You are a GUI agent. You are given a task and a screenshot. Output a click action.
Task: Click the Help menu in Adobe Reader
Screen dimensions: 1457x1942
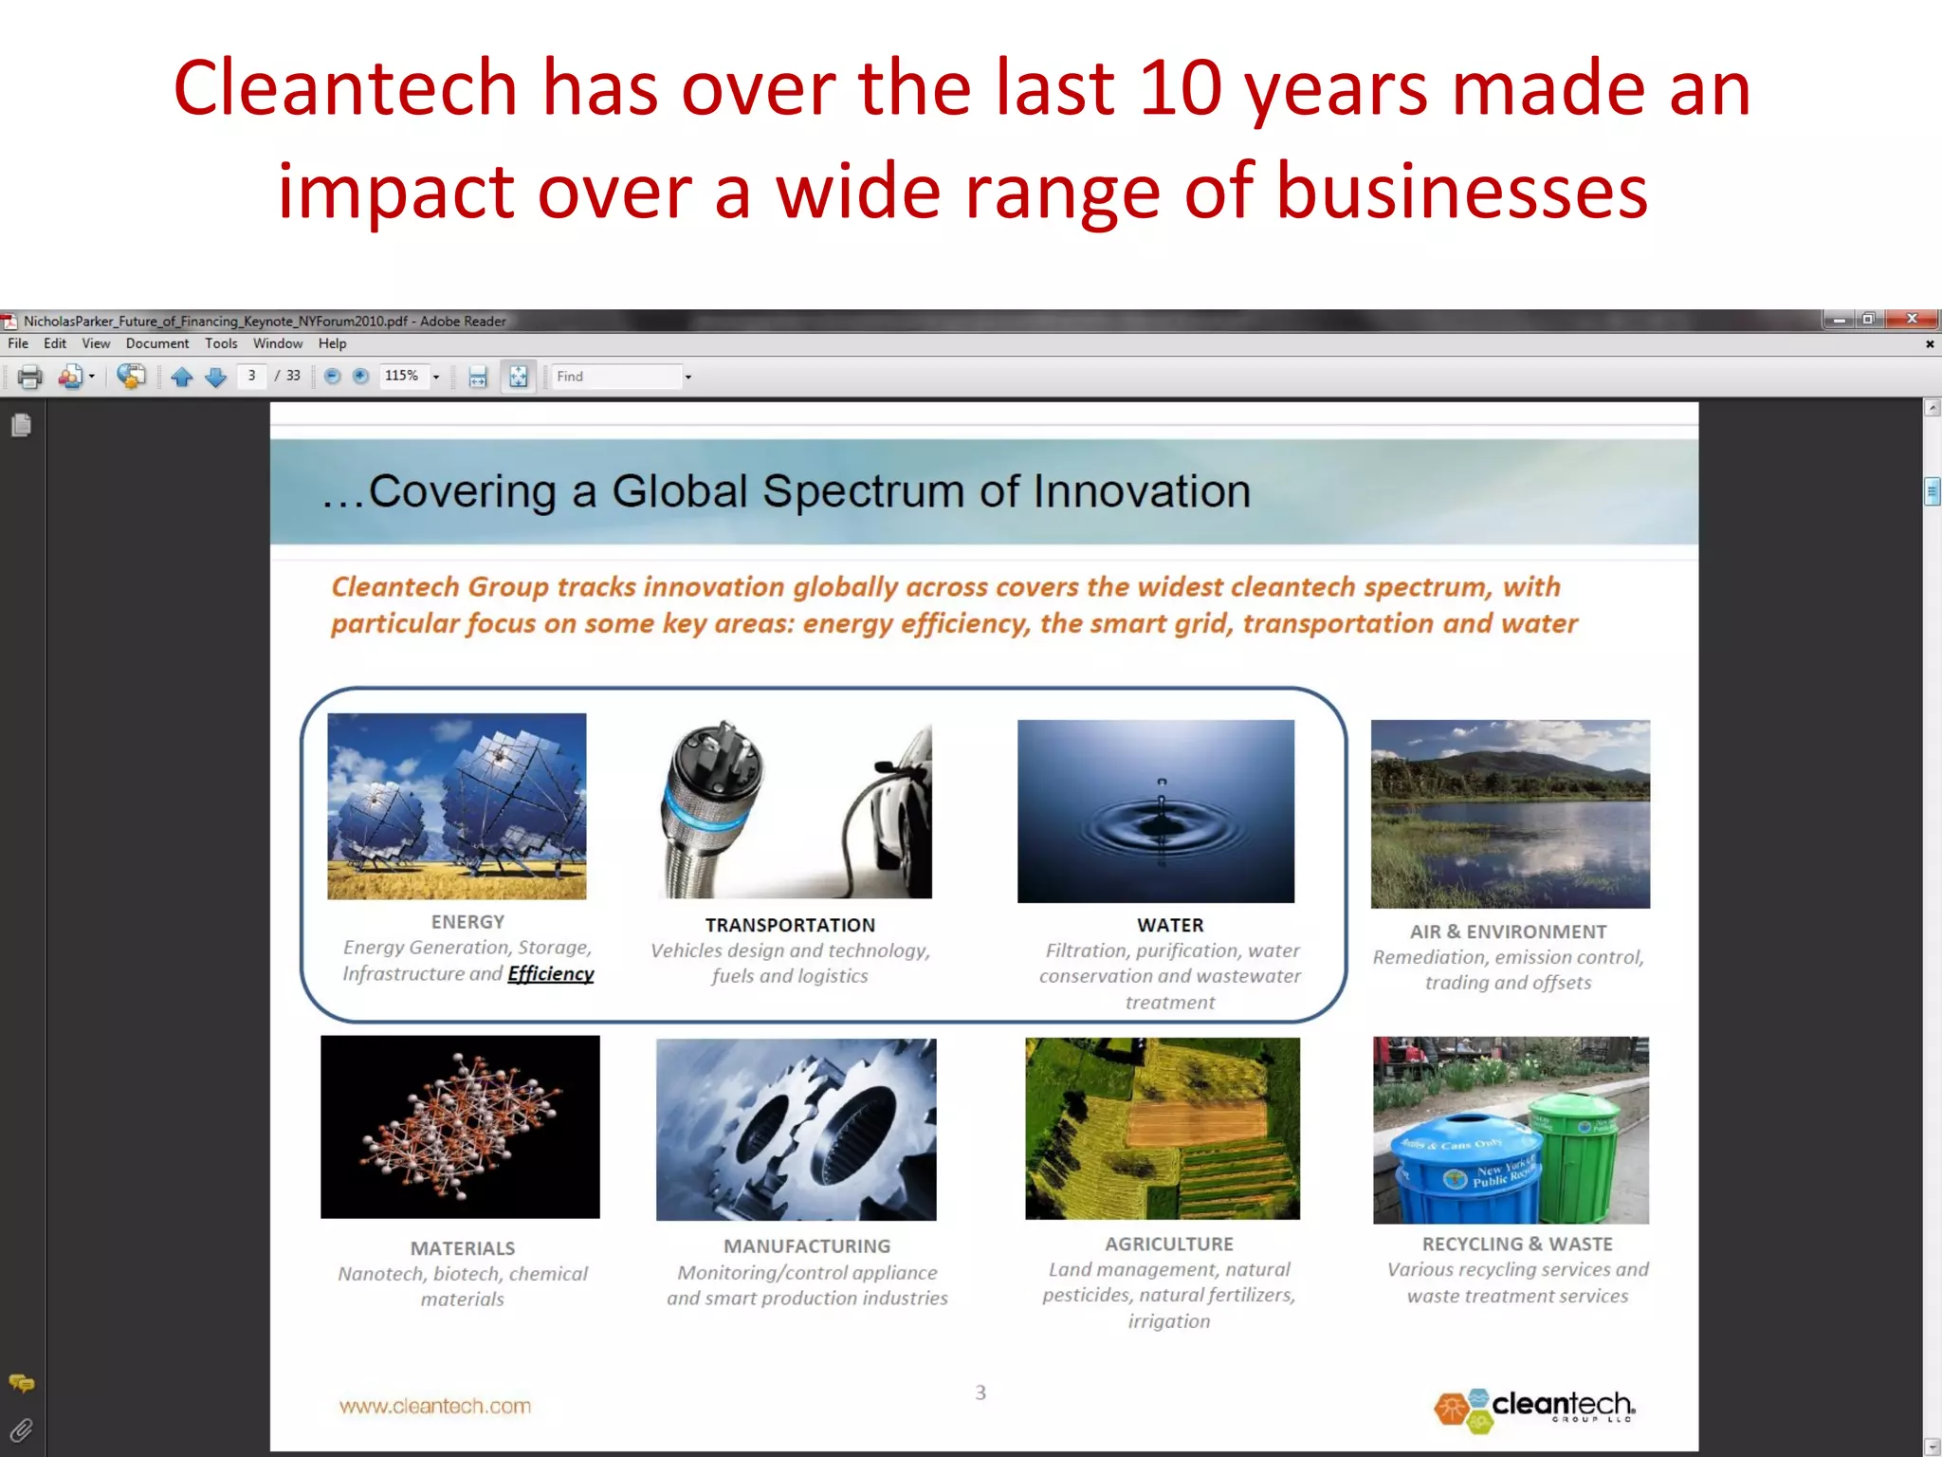click(x=332, y=343)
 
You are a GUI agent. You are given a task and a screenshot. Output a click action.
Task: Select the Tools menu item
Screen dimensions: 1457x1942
click(x=221, y=343)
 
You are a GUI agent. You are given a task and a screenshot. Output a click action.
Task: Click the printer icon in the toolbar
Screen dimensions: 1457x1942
click(x=30, y=377)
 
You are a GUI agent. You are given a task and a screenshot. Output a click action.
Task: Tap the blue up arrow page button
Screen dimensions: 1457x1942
click(x=182, y=377)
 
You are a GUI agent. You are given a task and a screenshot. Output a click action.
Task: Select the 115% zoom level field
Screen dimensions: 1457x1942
click(x=402, y=377)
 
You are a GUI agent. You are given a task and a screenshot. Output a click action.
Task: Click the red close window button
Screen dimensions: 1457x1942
click(x=1912, y=319)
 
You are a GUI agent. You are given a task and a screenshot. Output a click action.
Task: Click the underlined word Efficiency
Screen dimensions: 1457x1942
click(x=550, y=974)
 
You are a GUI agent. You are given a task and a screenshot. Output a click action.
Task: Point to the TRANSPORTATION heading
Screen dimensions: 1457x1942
click(x=790, y=925)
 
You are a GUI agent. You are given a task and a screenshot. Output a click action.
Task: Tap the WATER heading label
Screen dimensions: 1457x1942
click(x=1170, y=925)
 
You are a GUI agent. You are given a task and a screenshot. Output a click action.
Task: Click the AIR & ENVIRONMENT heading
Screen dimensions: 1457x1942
click(x=1508, y=931)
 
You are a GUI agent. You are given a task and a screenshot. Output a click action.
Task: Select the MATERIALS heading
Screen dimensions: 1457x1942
click(x=463, y=1248)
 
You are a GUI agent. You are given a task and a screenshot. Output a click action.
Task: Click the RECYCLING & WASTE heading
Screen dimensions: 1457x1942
click(x=1517, y=1244)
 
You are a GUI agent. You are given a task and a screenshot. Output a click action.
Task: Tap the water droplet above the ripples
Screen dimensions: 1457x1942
click(x=1162, y=782)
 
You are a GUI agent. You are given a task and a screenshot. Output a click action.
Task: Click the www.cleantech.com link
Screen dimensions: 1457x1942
click(x=435, y=1406)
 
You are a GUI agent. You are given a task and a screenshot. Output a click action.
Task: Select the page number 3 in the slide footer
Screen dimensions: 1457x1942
click(x=980, y=1392)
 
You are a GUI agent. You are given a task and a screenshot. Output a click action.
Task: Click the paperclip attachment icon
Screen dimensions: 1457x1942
click(x=21, y=1430)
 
